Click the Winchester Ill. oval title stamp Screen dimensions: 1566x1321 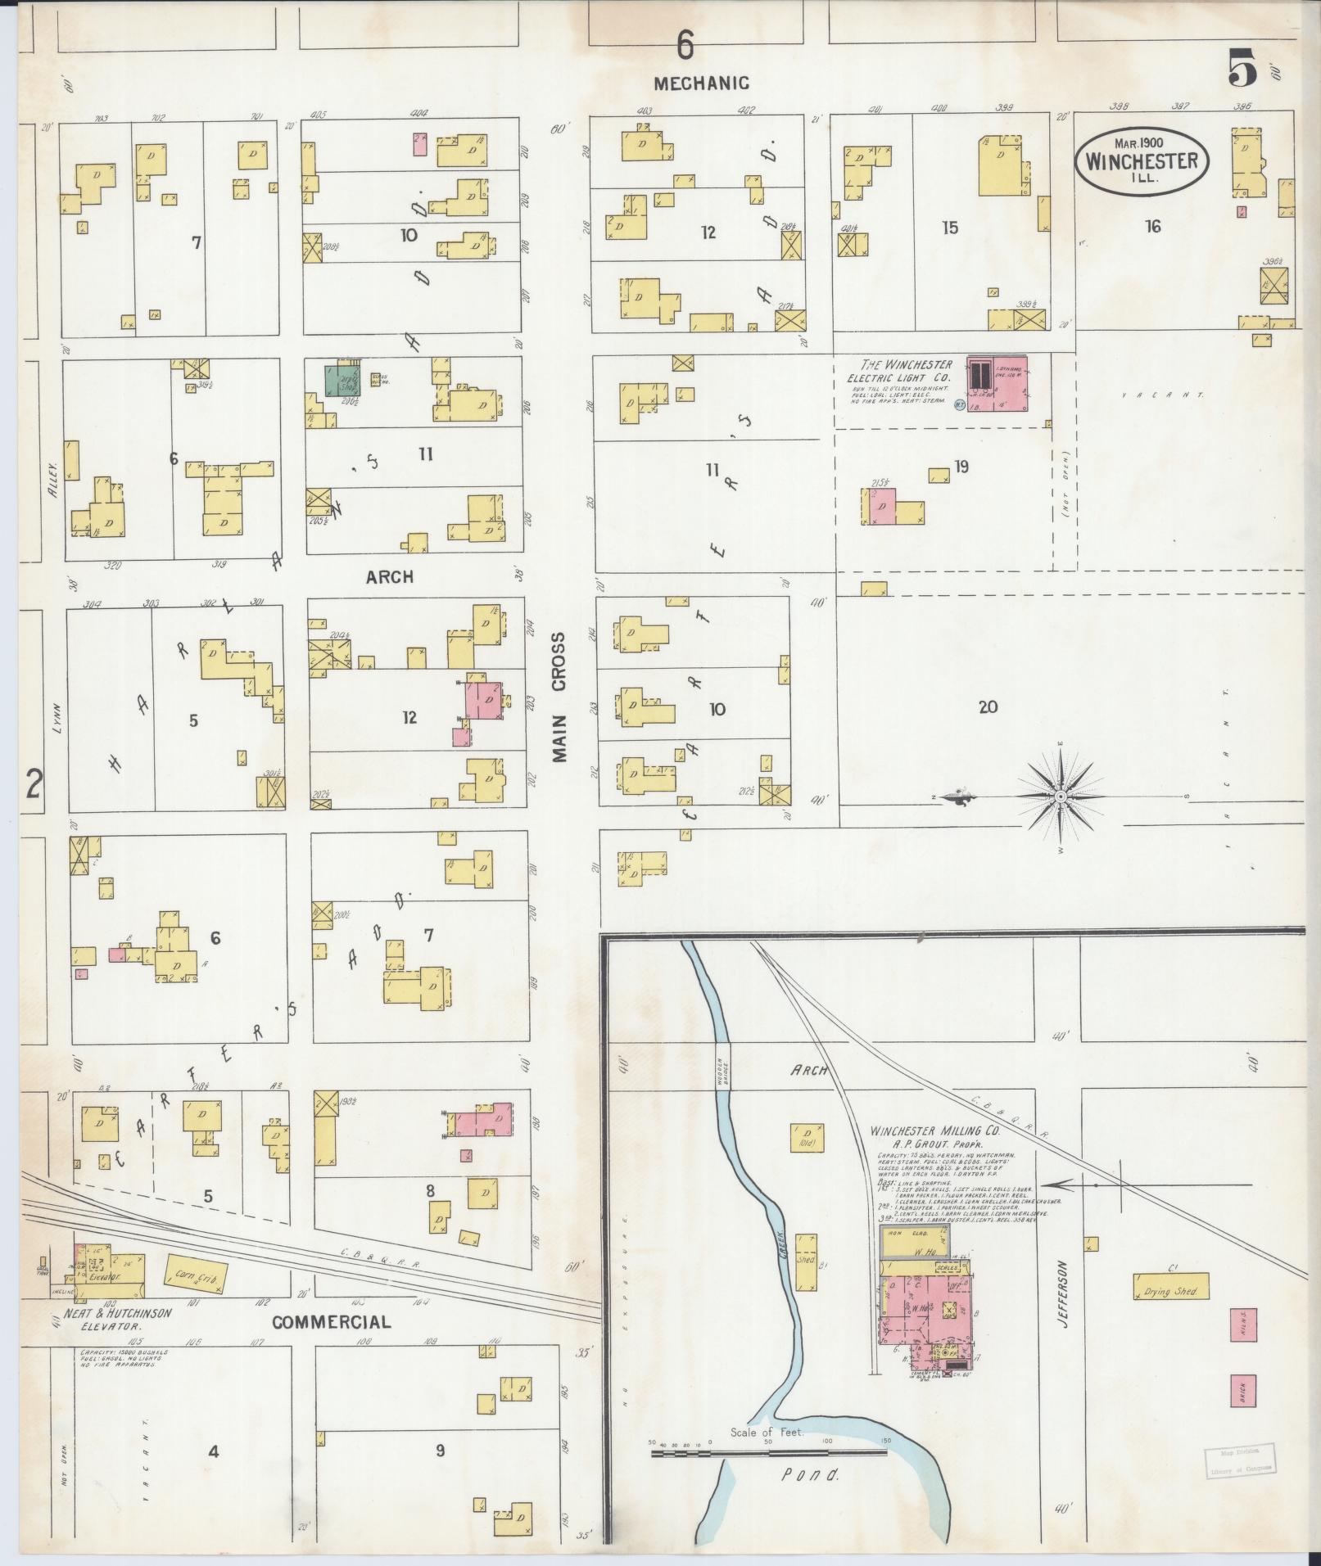(1142, 161)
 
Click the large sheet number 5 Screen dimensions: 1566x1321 (1242, 67)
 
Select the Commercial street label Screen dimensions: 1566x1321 (331, 1322)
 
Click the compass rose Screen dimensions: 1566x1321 (1060, 796)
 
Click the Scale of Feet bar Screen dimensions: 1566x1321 (768, 1453)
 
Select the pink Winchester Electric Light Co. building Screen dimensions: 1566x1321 (997, 382)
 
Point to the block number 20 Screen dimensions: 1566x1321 (988, 706)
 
